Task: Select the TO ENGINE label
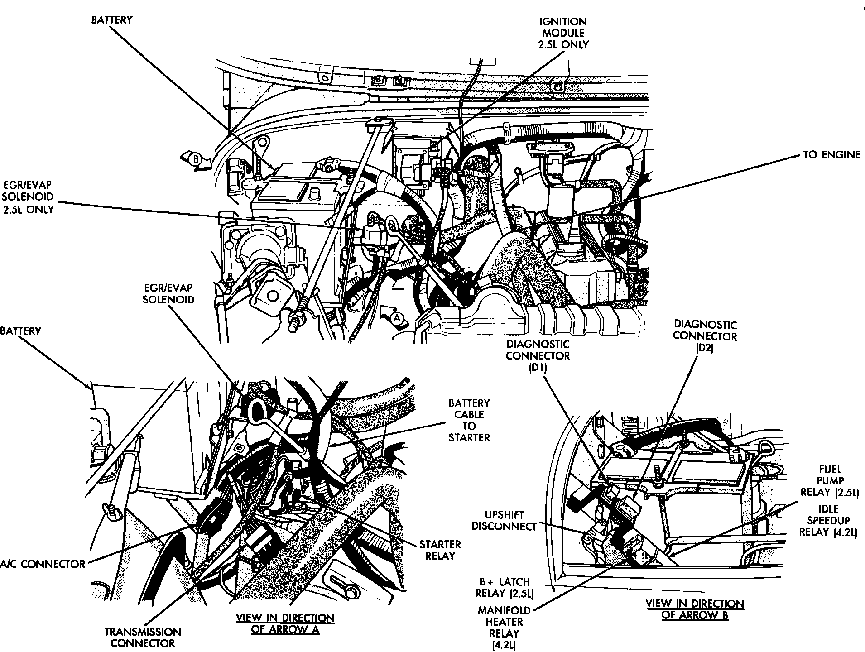point(831,155)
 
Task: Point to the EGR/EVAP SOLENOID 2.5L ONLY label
point(28,197)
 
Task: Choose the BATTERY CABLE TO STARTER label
point(469,420)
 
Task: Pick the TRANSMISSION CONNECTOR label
point(143,638)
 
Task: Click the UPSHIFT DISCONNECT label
point(504,521)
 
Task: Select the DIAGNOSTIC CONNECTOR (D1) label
point(538,355)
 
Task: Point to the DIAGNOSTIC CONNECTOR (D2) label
point(705,336)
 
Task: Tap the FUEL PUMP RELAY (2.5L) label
point(830,481)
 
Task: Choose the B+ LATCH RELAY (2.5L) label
point(504,587)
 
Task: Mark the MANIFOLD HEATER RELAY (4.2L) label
point(504,627)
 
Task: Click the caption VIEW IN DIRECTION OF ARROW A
point(285,624)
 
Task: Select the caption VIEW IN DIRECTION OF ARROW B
point(695,609)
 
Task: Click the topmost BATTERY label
point(111,20)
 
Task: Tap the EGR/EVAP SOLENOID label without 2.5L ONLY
point(168,293)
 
